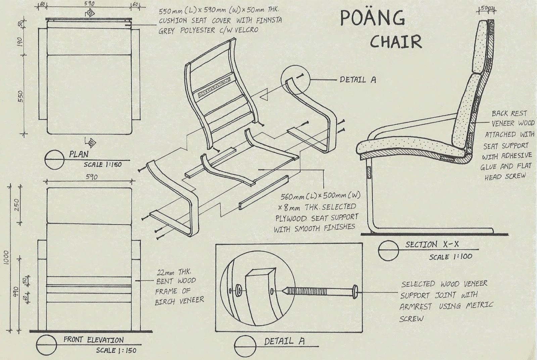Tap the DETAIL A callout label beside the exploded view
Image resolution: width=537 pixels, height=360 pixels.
tap(358, 80)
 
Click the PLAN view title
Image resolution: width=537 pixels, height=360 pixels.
tap(79, 155)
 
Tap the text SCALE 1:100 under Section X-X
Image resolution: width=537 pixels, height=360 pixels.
tap(450, 257)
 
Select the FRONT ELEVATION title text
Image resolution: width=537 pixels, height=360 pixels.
tap(93, 340)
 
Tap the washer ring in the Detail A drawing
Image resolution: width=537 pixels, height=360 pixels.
tap(239, 289)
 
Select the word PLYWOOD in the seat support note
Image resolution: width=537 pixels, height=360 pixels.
tap(291, 218)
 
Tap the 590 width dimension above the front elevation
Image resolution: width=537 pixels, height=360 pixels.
tap(91, 177)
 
